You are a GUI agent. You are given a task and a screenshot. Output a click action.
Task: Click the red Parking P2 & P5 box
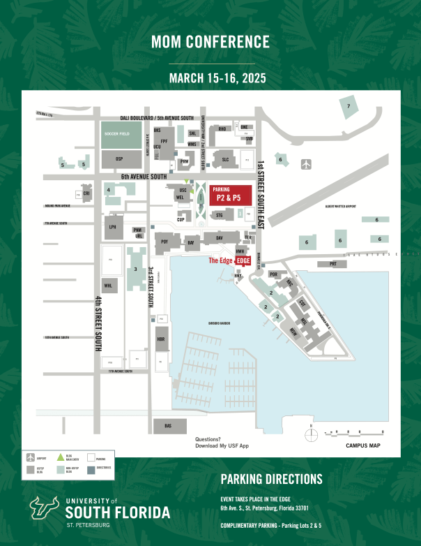(x=231, y=195)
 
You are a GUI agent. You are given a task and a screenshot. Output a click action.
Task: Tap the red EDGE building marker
(x=243, y=260)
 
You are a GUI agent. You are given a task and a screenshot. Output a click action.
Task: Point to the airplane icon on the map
(x=307, y=164)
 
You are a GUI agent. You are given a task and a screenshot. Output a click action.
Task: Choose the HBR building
(x=161, y=340)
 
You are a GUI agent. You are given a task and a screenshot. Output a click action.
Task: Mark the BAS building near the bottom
(x=167, y=425)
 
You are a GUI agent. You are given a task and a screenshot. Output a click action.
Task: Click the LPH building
(x=111, y=227)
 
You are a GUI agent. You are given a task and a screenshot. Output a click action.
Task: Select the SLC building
(x=225, y=159)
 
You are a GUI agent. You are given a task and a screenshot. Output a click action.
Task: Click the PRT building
(x=332, y=264)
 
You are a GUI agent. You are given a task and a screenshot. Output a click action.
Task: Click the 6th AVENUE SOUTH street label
(x=146, y=177)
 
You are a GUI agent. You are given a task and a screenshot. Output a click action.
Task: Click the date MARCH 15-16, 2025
(x=210, y=78)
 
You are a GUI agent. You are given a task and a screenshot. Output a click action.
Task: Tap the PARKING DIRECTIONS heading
(x=271, y=479)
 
